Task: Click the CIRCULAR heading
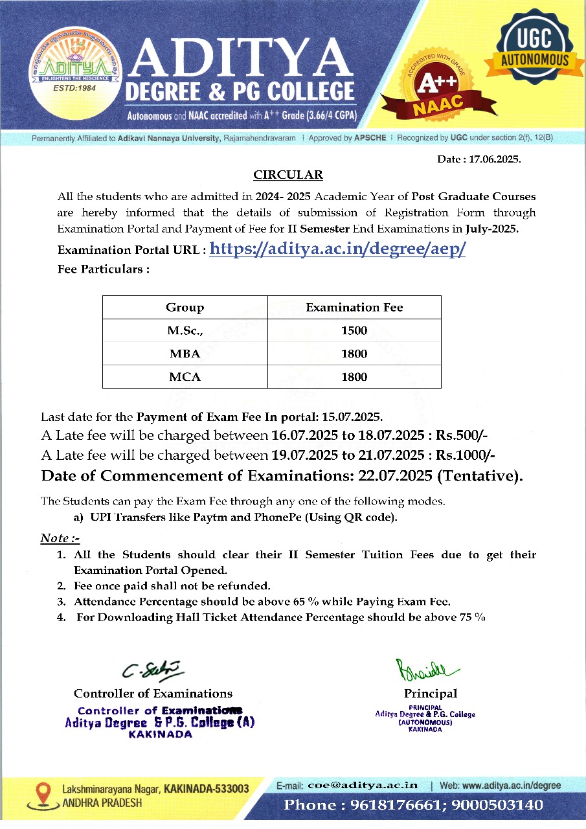point(287,175)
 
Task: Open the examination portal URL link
point(337,249)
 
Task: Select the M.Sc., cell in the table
point(185,331)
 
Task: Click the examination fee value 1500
point(354,331)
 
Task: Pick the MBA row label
point(185,354)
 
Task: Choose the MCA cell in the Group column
point(185,377)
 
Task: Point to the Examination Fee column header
point(354,308)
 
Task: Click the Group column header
point(185,308)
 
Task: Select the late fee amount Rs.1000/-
point(465,455)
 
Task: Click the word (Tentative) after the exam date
point(480,476)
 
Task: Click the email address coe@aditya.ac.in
point(363,785)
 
